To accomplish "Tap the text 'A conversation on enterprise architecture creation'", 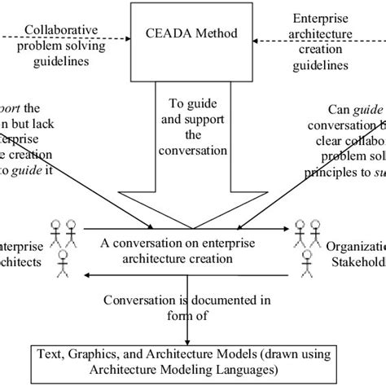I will [x=192, y=249].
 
